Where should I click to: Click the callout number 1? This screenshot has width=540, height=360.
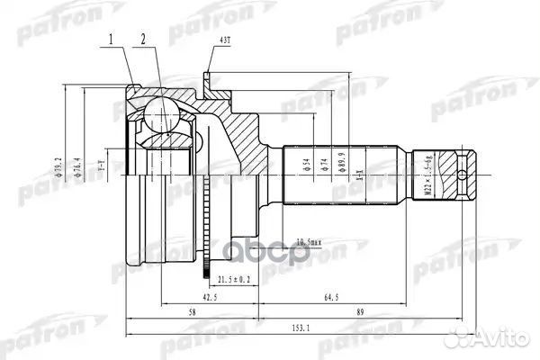(112, 40)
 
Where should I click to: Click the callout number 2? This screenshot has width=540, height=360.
(142, 40)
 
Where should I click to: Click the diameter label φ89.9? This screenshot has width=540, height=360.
(342, 166)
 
